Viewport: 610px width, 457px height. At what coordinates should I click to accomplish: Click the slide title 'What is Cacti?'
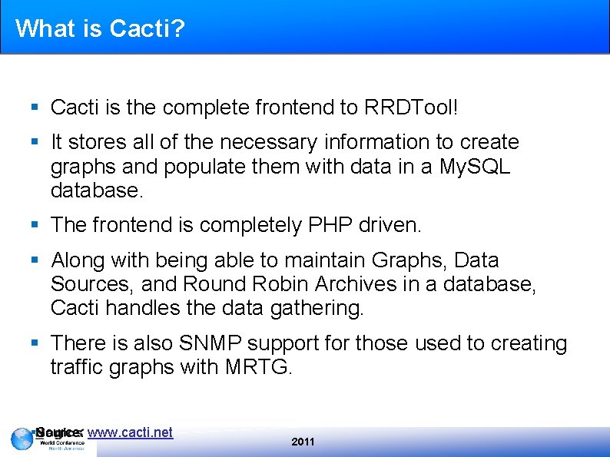(x=100, y=28)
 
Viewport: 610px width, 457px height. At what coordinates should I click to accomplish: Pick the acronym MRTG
(x=258, y=367)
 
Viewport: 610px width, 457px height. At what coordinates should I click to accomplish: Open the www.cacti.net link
(x=130, y=432)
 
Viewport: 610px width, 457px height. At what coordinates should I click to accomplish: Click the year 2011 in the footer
(x=303, y=442)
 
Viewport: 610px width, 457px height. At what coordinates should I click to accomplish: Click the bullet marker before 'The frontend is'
(x=35, y=225)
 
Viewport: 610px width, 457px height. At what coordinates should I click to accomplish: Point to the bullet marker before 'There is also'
(x=35, y=343)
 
